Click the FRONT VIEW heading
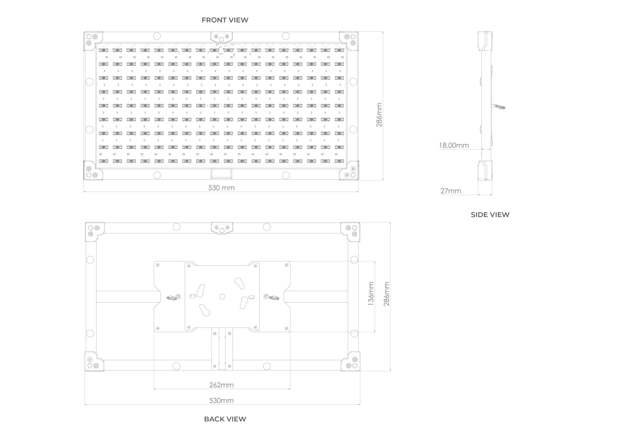225,20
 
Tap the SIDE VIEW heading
490,214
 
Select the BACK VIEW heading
225,419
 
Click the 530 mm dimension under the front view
221,188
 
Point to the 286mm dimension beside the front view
379,115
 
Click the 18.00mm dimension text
454,145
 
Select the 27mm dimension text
451,191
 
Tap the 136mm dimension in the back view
371,293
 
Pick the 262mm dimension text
221,385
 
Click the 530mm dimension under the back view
221,401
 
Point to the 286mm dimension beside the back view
387,294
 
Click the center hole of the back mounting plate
222,296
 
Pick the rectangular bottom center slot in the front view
221,174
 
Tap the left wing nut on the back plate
172,297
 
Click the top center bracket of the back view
221,228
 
